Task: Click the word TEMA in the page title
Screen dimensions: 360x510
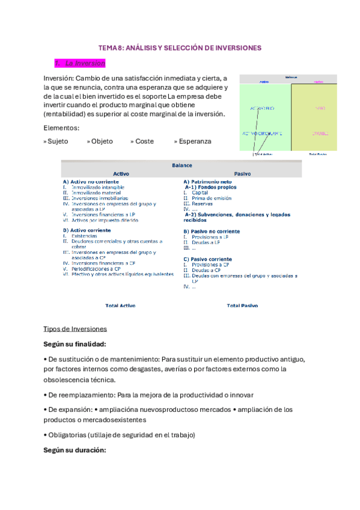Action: coord(108,48)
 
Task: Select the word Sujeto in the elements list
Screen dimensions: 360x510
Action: coord(57,141)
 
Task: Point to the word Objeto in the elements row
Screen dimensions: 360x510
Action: coord(102,141)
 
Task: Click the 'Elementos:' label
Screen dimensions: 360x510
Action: coord(61,127)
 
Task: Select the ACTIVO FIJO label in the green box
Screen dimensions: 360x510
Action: coord(262,108)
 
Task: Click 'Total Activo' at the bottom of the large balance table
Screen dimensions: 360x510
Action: coord(121,306)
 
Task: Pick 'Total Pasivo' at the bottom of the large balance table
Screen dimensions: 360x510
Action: coord(242,306)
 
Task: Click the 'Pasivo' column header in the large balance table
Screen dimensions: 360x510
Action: coord(243,174)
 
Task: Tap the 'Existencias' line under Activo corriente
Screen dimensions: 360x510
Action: coord(84,236)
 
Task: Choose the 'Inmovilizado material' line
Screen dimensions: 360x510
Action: coord(95,192)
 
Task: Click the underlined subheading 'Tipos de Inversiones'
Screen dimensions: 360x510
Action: coord(75,329)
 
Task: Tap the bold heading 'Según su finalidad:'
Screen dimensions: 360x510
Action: coord(75,344)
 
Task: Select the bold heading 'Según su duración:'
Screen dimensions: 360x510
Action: coord(75,450)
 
